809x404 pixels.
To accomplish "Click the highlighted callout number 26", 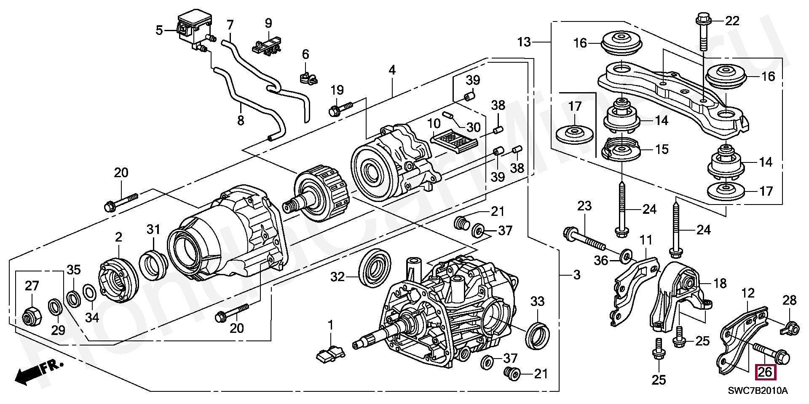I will click(x=765, y=372).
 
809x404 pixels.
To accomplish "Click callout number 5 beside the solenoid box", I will click(x=159, y=30).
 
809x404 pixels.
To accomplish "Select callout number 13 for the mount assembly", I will click(x=524, y=42).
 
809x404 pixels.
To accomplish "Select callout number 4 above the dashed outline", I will click(x=392, y=70).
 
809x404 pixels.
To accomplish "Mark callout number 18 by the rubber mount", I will click(x=720, y=283).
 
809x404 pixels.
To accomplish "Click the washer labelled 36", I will click(x=626, y=255).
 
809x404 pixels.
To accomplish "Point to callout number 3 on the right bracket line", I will click(x=577, y=275).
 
